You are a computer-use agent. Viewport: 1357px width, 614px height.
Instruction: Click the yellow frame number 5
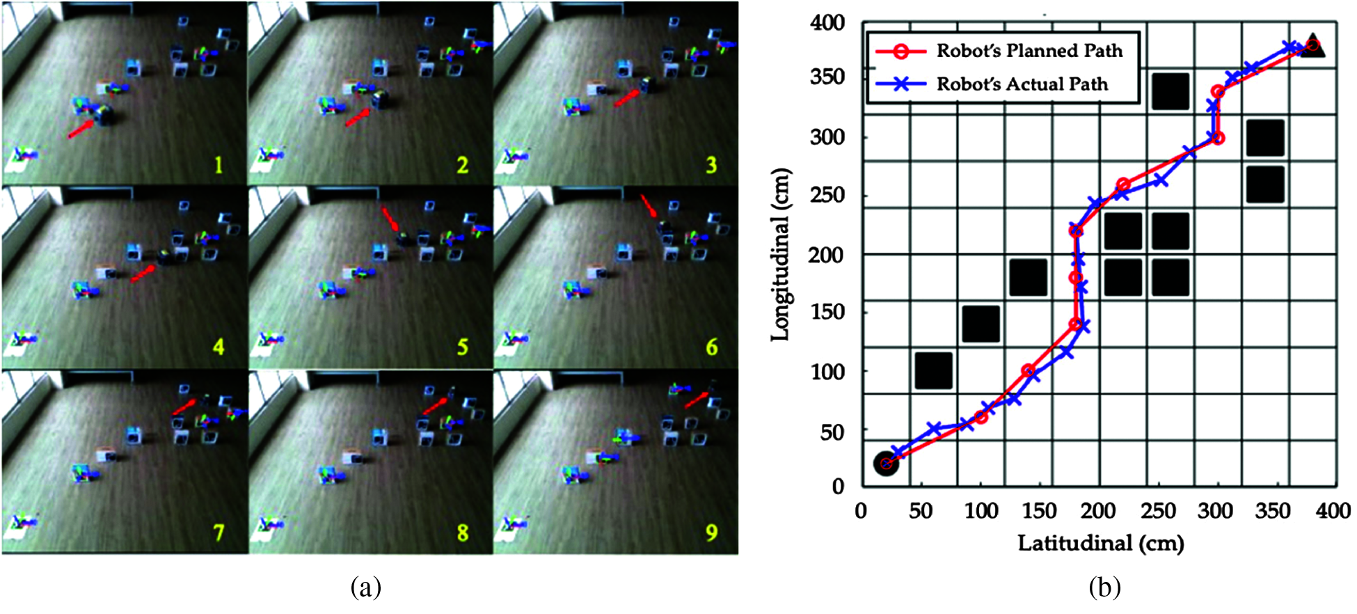point(463,347)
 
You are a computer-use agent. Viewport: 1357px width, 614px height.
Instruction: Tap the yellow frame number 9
point(711,533)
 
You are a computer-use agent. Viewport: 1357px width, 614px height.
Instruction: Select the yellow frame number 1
point(219,165)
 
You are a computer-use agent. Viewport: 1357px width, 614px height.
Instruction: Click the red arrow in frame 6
point(648,206)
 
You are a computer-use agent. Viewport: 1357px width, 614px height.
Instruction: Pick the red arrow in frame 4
point(143,274)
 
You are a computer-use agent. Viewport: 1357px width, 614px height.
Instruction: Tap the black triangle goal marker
point(1313,46)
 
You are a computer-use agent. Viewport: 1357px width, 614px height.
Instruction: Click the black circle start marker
point(886,464)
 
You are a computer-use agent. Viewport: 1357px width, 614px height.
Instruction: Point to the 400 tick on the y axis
point(827,23)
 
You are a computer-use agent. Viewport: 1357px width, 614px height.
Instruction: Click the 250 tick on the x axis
point(1158,512)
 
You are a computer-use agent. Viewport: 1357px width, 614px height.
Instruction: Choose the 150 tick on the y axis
point(827,312)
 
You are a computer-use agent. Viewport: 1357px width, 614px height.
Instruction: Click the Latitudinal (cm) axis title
point(1101,543)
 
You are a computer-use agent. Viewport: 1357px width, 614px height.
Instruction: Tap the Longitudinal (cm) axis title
point(781,255)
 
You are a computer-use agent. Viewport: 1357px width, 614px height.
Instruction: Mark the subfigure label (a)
point(366,588)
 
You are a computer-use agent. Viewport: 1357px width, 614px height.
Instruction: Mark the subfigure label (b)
point(1104,588)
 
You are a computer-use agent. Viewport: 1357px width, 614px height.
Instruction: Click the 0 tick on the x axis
point(862,512)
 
